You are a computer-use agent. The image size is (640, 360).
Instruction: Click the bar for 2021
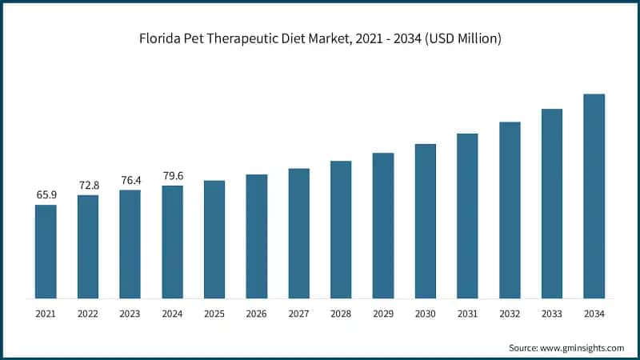pos(46,251)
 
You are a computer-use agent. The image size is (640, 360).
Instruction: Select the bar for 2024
pos(172,242)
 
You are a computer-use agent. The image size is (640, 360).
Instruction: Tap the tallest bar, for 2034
pos(594,196)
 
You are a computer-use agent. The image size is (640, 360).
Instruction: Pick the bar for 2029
pos(383,226)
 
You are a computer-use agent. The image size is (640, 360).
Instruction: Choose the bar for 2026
pos(256,236)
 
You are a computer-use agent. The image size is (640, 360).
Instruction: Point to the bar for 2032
pos(510,210)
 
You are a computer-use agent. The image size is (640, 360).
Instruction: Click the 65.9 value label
pos(46,194)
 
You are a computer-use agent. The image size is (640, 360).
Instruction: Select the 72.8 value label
pos(88,185)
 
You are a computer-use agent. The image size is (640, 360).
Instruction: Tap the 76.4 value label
pos(130,180)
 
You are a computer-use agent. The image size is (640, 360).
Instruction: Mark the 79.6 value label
pos(172,176)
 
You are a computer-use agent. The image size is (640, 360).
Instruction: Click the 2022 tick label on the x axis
pos(88,314)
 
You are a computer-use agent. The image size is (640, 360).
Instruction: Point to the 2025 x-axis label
pos(214,314)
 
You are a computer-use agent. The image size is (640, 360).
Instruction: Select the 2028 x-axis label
pos(341,314)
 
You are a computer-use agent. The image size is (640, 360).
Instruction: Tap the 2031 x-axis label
pos(467,314)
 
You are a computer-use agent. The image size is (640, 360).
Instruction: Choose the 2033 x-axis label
pos(551,314)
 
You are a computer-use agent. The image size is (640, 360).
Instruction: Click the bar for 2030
pos(425,221)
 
